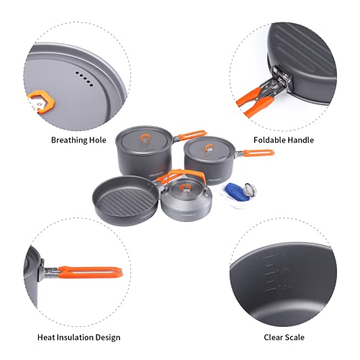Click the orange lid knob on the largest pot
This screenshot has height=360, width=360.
(143, 132)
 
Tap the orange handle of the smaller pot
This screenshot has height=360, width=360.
(258, 153)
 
